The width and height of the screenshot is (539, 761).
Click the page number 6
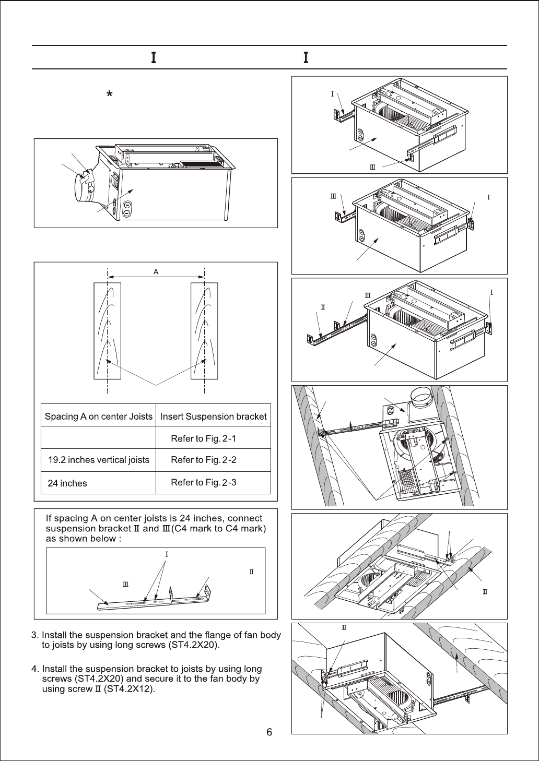[x=269, y=732]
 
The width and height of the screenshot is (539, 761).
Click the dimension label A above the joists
[x=156, y=272]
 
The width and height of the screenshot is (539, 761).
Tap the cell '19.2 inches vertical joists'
[x=98, y=460]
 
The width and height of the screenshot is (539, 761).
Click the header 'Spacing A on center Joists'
[x=98, y=416]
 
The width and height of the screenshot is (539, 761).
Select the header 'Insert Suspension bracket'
[x=213, y=416]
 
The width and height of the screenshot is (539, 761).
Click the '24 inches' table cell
[x=67, y=483]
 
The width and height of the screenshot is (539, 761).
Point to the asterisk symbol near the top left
[x=109, y=94]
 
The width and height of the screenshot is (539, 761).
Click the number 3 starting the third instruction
[x=34, y=635]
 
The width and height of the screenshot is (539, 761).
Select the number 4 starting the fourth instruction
[x=34, y=669]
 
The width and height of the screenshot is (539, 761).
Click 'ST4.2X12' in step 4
[x=133, y=689]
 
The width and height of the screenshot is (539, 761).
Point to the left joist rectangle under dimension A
[x=107, y=330]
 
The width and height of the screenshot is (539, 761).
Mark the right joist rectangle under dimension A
[x=204, y=330]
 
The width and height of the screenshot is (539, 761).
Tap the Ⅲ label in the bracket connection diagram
[x=125, y=584]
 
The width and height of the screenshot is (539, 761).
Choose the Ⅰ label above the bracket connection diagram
[x=167, y=554]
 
